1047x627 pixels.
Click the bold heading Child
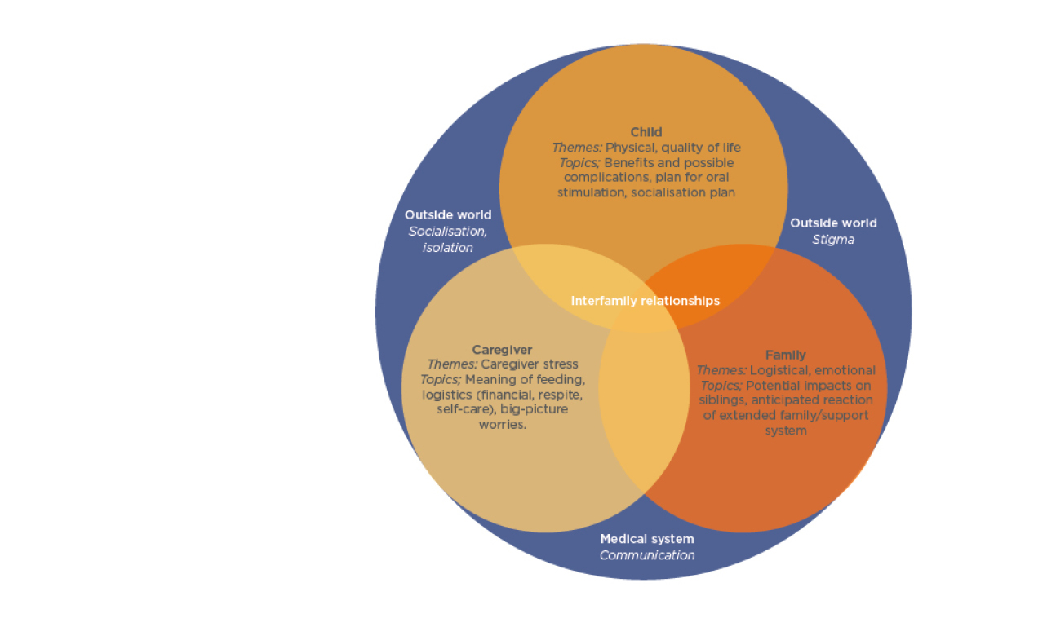pos(646,132)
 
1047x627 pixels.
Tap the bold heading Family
pos(785,355)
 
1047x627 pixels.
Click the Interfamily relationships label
pos(645,301)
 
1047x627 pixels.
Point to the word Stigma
pos(833,240)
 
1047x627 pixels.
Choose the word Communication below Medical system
pos(647,555)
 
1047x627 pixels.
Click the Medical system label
pos(647,539)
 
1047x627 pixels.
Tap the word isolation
pos(447,247)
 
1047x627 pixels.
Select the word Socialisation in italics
pos(447,232)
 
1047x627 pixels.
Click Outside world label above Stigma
pos(833,223)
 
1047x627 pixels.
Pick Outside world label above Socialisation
pos(448,215)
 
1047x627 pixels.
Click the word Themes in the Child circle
pos(576,148)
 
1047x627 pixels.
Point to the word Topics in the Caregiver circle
pos(441,379)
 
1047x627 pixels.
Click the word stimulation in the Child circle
pos(592,193)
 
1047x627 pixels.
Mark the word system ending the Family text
pos(785,431)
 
